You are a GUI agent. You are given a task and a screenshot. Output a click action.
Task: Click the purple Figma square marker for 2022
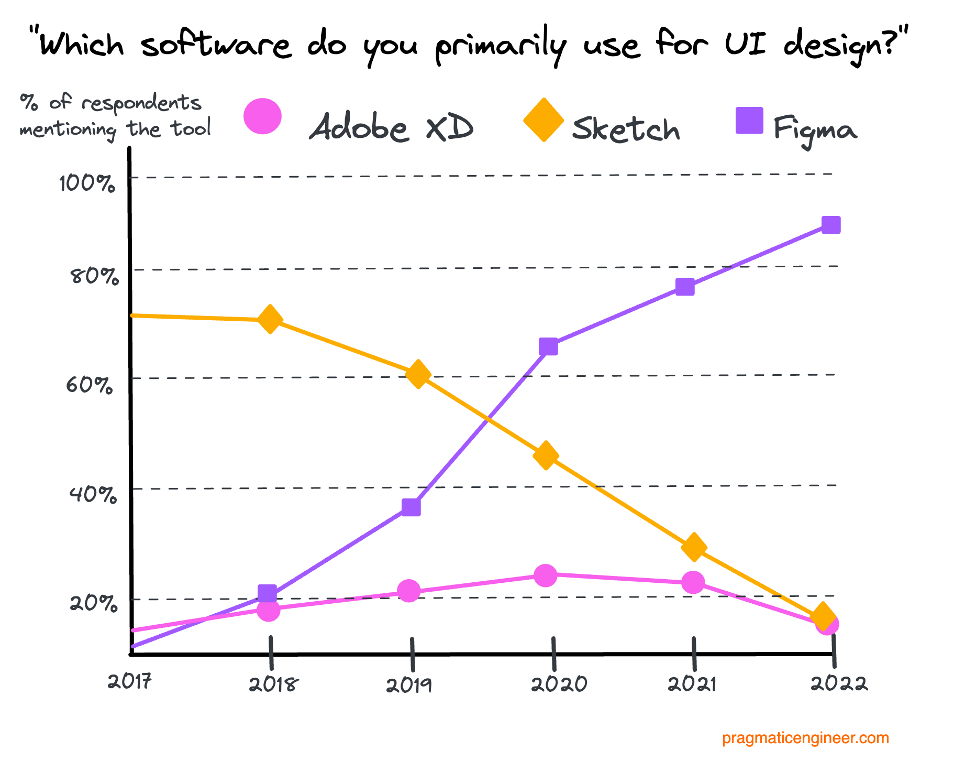coord(831,225)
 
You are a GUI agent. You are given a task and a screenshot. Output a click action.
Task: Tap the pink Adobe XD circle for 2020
coord(545,575)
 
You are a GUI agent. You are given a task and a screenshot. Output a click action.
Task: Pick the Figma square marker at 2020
coord(548,346)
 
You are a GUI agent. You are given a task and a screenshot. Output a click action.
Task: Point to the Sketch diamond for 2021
coord(694,547)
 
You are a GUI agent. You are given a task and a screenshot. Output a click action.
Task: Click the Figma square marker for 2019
coord(411,507)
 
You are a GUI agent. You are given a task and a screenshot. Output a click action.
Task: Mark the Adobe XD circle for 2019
coord(409,591)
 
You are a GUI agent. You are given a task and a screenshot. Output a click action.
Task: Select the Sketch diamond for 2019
coord(418,374)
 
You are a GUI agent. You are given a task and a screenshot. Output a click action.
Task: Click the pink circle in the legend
coord(263,116)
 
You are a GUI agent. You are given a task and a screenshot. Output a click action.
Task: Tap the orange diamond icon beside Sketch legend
coord(543,120)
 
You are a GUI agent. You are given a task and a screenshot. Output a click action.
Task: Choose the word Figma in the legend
coord(815,128)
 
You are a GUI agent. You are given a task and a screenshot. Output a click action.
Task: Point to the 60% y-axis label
coord(90,385)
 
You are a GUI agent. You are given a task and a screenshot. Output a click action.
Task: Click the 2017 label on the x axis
coord(130,682)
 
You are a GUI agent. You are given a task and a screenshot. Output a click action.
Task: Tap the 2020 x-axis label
coord(559,684)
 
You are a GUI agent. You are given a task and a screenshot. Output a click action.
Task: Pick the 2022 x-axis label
coord(839,684)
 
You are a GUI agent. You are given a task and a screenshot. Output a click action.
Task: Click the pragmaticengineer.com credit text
coord(805,738)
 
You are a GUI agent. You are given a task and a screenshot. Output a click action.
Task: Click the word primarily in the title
coord(501,46)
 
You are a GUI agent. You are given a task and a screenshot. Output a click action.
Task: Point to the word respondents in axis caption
coord(141,103)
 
